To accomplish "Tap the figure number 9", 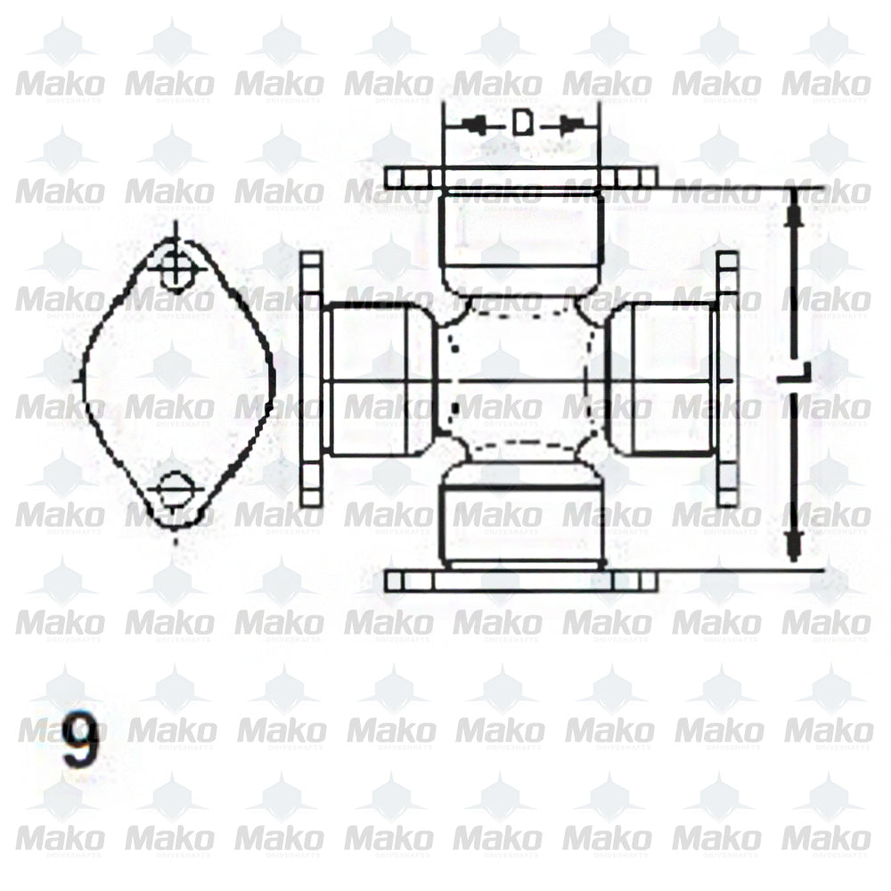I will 80,742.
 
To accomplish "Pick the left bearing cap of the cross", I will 379,379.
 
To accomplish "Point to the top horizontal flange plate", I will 521,176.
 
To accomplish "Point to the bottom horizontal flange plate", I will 521,581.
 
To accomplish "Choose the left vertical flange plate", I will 311,379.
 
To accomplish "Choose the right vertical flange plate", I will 727,379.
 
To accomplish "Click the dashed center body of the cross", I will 521,379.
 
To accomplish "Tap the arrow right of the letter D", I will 570,125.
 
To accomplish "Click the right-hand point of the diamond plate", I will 272,379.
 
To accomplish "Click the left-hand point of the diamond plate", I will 82,379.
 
